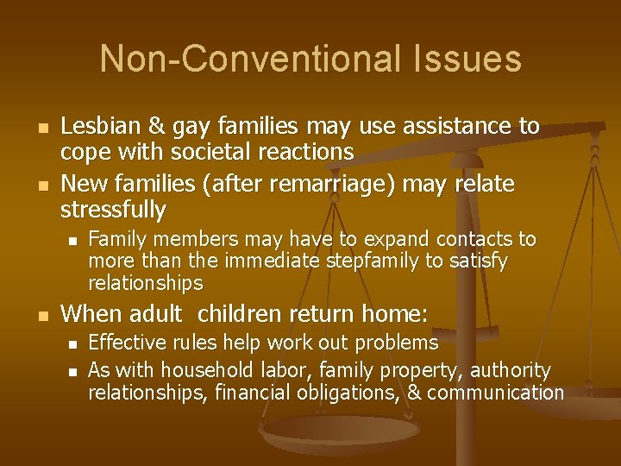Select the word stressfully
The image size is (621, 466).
pos(113,209)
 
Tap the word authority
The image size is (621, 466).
pos(510,370)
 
